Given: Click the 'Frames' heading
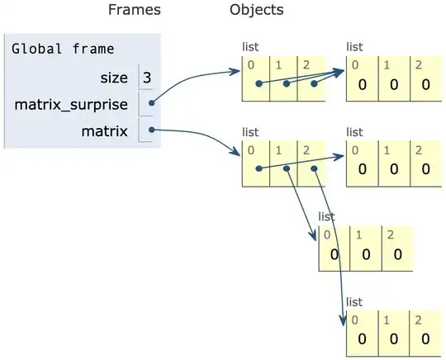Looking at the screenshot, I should (135, 11).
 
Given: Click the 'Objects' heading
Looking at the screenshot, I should (257, 11).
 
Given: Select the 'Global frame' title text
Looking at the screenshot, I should (63, 49).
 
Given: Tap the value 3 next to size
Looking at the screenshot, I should (147, 78).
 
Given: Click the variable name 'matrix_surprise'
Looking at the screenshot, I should (70, 105).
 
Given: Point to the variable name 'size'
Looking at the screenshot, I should (112, 78).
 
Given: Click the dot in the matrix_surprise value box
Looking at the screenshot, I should (151, 104).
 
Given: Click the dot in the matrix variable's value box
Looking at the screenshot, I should (151, 130).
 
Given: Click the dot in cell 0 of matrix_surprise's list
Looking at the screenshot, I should (259, 83).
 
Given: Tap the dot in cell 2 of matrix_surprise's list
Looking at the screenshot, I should (314, 83).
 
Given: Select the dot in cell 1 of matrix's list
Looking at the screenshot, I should (286, 169).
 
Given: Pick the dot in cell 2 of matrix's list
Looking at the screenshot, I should (314, 169).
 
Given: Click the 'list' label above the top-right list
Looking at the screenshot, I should (355, 47).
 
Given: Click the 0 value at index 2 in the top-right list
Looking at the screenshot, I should (425, 84).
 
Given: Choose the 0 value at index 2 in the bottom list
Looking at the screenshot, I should (425, 339).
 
